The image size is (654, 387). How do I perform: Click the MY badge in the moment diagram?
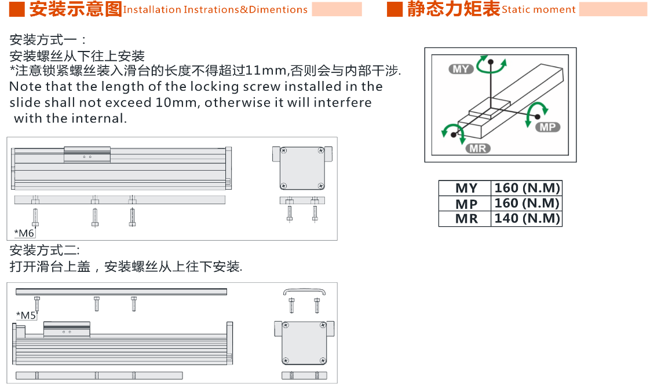coord(461,69)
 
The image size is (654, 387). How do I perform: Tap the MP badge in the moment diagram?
coord(547,127)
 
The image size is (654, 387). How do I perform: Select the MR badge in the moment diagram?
coord(478,148)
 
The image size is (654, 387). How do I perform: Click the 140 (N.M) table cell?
coord(527,219)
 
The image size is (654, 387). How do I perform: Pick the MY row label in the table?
coord(466,188)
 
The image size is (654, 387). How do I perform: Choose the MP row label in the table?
coord(466,204)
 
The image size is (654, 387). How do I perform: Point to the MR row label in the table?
coord(466,219)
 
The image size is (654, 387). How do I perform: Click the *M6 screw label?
coord(24,233)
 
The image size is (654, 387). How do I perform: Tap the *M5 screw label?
coord(26,315)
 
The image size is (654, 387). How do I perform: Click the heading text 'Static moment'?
coord(539,10)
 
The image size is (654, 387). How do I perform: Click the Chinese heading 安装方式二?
coord(44,250)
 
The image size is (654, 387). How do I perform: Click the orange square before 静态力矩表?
coord(394,9)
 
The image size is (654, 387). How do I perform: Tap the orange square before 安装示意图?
coord(17,9)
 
